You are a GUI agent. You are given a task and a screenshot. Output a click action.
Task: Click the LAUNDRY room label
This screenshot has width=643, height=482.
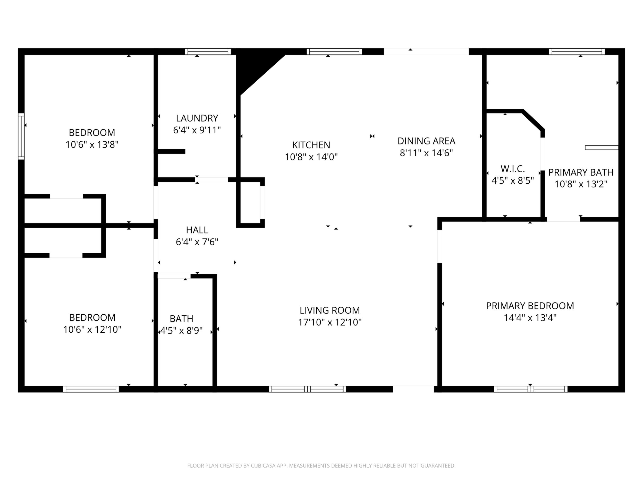[197, 118]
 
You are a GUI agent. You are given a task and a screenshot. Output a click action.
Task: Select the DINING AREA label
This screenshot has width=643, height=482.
[426, 141]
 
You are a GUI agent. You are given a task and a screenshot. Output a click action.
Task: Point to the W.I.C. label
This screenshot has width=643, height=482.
[512, 169]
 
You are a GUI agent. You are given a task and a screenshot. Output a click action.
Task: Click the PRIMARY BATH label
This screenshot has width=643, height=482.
[581, 172]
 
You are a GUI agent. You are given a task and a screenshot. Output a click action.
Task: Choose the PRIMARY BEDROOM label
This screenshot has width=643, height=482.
[530, 306]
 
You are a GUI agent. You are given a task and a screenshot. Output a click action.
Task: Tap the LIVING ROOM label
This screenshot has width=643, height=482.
[330, 310]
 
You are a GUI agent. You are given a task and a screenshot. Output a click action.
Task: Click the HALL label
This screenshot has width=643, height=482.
[197, 230]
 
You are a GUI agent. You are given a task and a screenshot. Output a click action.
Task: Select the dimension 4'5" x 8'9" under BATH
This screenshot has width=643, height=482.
[181, 331]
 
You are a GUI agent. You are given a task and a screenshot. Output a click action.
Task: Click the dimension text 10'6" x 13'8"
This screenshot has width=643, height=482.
[92, 144]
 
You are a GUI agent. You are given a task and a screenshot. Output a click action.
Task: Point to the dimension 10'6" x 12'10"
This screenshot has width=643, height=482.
[92, 330]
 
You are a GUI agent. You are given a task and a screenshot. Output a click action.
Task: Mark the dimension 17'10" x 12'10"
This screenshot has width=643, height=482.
[330, 322]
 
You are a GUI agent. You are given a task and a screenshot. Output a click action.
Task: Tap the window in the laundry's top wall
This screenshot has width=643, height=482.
[208, 52]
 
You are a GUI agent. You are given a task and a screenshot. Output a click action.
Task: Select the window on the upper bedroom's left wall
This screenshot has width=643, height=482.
[21, 136]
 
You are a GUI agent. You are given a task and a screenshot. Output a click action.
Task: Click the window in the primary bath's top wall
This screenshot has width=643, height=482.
[577, 52]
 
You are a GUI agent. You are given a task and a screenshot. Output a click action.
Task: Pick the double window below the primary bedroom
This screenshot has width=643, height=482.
[530, 389]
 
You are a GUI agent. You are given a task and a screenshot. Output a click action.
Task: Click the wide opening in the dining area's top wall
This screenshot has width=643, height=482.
[426, 52]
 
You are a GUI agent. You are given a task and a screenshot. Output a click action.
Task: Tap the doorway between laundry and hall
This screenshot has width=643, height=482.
[211, 180]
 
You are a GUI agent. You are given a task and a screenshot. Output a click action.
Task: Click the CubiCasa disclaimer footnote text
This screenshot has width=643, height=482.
[321, 466]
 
